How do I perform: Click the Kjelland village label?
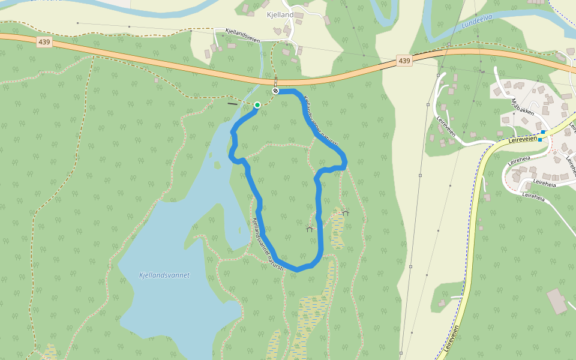(x=280, y=14)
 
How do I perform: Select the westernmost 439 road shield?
(x=44, y=42)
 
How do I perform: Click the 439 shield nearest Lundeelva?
(x=404, y=61)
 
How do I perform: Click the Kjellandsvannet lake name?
(x=164, y=275)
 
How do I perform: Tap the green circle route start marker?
(x=257, y=105)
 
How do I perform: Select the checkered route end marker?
(x=275, y=91)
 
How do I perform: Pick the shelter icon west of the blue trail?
(x=310, y=229)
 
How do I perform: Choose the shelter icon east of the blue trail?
(x=345, y=212)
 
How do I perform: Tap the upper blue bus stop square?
(x=543, y=132)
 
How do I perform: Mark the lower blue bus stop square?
(x=540, y=140)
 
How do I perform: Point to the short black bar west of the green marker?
(x=232, y=104)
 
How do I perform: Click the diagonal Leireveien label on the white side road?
(x=448, y=127)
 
